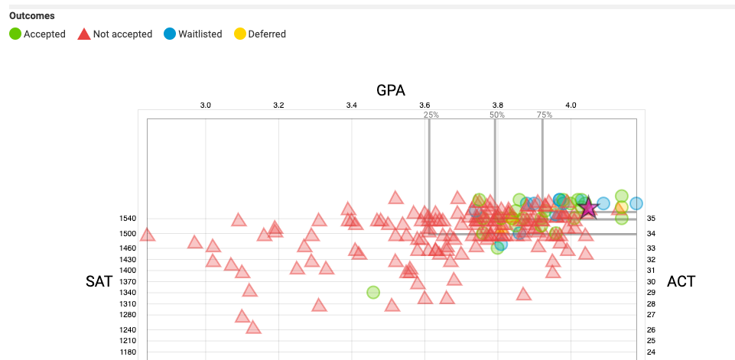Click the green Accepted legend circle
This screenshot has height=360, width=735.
pyautogui.click(x=15, y=34)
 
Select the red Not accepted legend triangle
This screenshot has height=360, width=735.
pyautogui.click(x=84, y=34)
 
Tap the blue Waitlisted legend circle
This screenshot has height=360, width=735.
pyautogui.click(x=170, y=34)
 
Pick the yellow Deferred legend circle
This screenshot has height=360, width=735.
pyautogui.click(x=239, y=34)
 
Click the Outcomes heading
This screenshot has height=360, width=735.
pyautogui.click(x=31, y=15)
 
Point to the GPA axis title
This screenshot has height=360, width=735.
pyautogui.click(x=391, y=90)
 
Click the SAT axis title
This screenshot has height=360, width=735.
pyautogui.click(x=99, y=282)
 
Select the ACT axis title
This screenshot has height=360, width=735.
pyautogui.click(x=681, y=282)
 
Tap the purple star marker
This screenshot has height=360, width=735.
pyautogui.click(x=587, y=208)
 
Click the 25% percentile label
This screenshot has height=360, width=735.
pyautogui.click(x=431, y=115)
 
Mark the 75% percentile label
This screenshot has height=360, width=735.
pyautogui.click(x=544, y=115)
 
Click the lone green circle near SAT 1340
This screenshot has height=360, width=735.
pyautogui.click(x=373, y=292)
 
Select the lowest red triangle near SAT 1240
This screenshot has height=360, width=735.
pyautogui.click(x=253, y=328)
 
